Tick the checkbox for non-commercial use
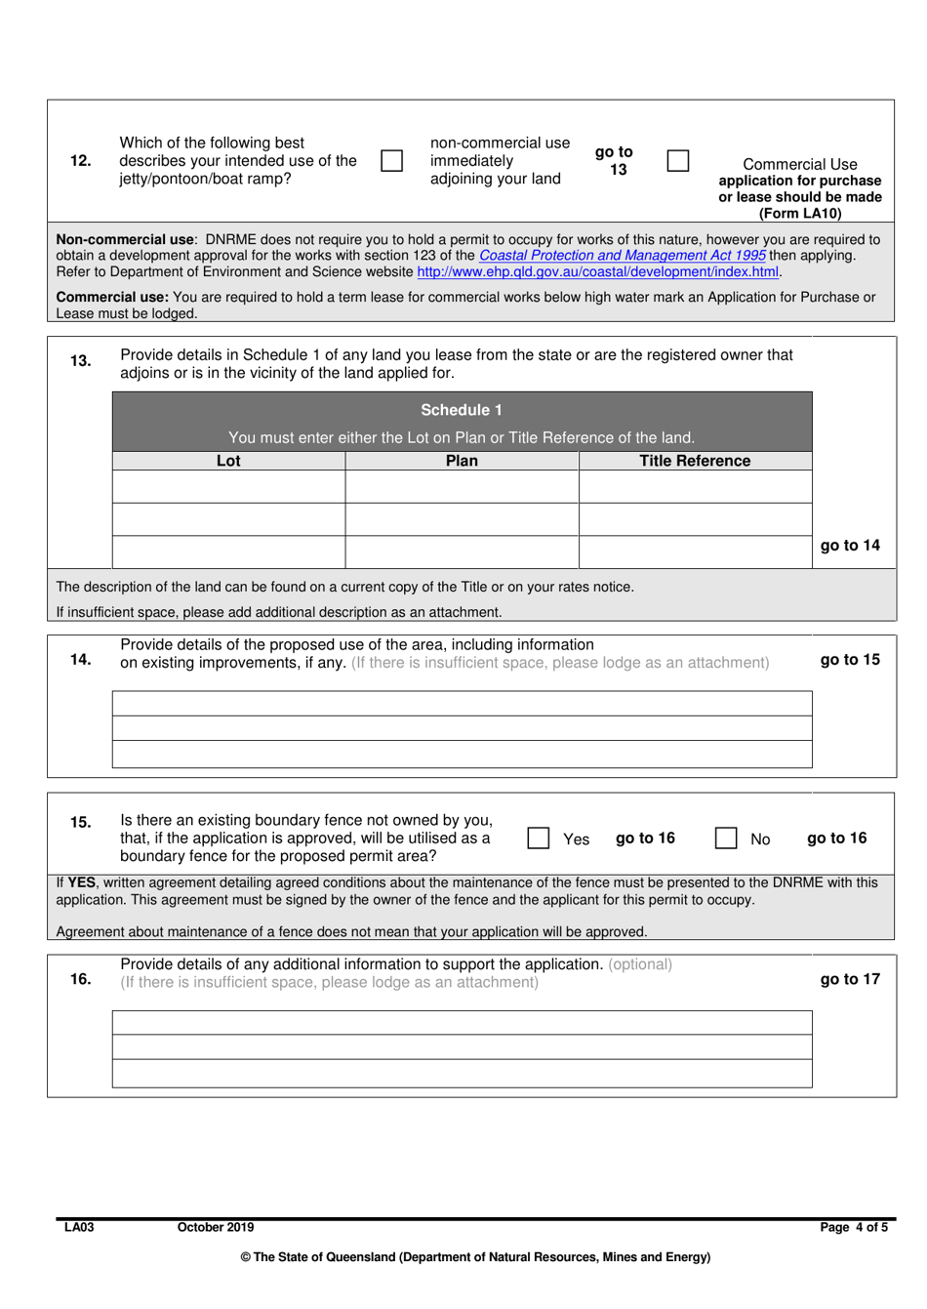tap(391, 160)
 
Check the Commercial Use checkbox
tap(678, 160)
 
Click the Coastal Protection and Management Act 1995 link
tap(622, 256)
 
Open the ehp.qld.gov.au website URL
tap(597, 272)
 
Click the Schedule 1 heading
tap(462, 410)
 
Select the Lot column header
tap(228, 461)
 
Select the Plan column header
tap(462, 461)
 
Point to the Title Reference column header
tap(695, 461)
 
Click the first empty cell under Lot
tap(228, 486)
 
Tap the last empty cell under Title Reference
tap(695, 552)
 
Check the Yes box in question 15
tap(538, 839)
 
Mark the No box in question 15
tap(726, 839)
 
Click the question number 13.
tap(81, 361)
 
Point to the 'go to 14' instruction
tap(850, 546)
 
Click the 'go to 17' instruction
tap(850, 979)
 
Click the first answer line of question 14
tap(462, 703)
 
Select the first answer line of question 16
tap(462, 1022)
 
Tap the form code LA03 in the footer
tap(79, 1227)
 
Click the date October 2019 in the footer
tap(215, 1227)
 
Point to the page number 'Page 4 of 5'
tap(854, 1227)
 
